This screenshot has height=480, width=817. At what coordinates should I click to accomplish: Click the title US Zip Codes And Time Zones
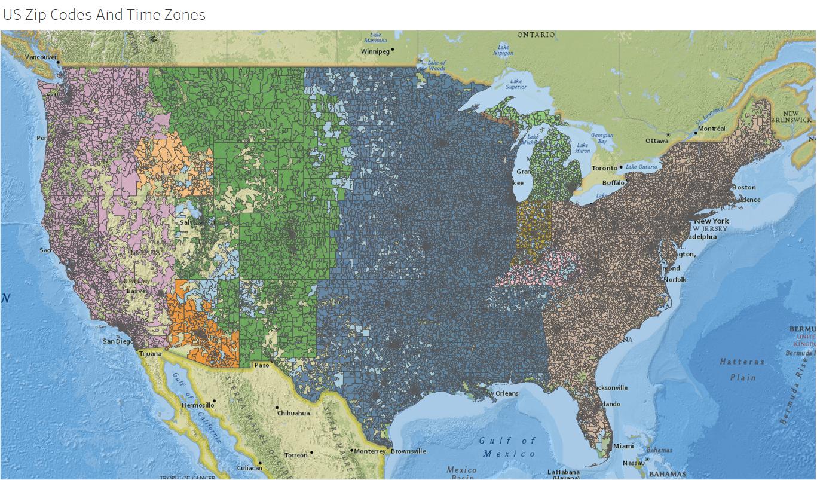point(104,15)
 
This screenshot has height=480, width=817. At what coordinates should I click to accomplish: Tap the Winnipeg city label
point(375,51)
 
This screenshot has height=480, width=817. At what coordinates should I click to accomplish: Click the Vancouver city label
point(41,57)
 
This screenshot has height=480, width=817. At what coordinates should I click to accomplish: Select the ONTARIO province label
point(536,35)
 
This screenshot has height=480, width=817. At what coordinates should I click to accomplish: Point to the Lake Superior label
point(516,84)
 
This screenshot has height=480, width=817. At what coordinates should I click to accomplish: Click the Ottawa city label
point(657,141)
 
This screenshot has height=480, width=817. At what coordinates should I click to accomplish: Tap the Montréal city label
point(711,129)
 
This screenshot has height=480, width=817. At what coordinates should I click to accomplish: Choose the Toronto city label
point(604,168)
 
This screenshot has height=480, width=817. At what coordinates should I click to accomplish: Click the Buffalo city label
point(613,182)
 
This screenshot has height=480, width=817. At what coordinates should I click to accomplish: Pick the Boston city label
point(743,187)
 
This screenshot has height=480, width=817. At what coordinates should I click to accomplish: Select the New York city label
point(711,221)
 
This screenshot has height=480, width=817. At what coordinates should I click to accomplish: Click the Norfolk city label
point(675,279)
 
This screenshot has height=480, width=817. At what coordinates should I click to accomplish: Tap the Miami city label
point(623,446)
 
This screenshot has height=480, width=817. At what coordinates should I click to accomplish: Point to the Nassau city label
point(633,463)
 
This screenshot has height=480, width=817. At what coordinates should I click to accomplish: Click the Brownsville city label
point(408,451)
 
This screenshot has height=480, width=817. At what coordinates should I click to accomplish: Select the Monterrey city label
point(370,451)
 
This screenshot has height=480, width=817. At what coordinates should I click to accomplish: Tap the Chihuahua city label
point(293,413)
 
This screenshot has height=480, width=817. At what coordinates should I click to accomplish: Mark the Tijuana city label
point(150,354)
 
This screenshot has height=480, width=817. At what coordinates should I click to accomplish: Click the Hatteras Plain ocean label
point(742,369)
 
